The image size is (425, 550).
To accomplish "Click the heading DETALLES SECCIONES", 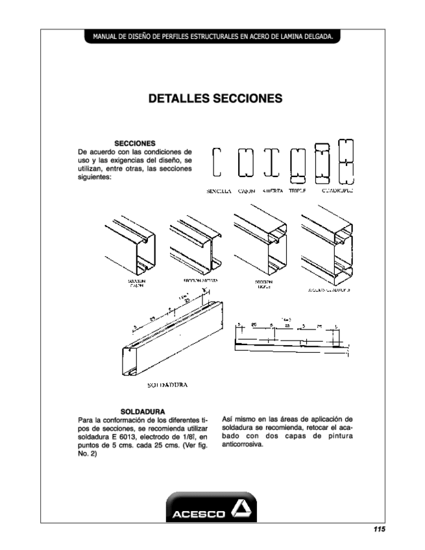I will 215,99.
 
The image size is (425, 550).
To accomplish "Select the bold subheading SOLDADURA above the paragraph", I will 142,411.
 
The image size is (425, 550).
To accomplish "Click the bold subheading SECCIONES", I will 134,143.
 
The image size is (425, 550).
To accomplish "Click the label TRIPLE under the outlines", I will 297,191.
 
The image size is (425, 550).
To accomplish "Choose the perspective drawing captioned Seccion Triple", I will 260,243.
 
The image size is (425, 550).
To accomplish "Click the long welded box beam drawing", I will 171,341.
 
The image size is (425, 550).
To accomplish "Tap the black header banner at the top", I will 213,37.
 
